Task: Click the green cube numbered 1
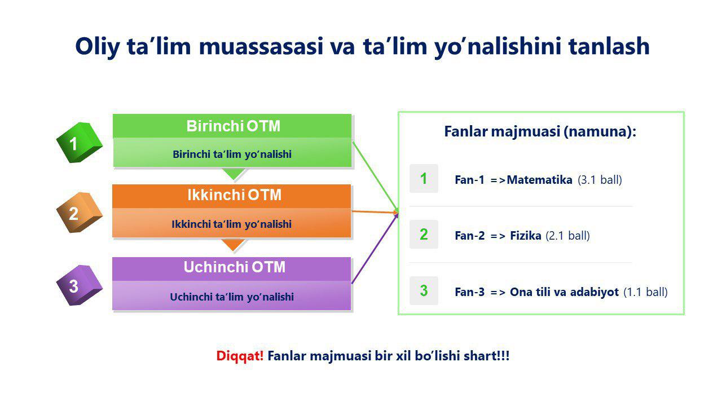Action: pyautogui.click(x=80, y=143)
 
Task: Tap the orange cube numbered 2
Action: pyautogui.click(x=80, y=213)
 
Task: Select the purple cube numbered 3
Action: pyautogui.click(x=80, y=285)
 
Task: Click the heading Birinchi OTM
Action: pyautogui.click(x=234, y=126)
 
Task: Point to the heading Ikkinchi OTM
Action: pyautogui.click(x=234, y=195)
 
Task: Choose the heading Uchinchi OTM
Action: pyautogui.click(x=234, y=267)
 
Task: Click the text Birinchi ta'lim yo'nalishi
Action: pyautogui.click(x=232, y=155)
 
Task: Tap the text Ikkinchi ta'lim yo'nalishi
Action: pyautogui.click(x=231, y=224)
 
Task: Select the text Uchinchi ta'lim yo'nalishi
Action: pyautogui.click(x=232, y=297)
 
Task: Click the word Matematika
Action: pyautogui.click(x=540, y=180)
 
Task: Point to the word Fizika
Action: pyautogui.click(x=526, y=236)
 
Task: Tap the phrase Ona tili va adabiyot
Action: pyautogui.click(x=565, y=292)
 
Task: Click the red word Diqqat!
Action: pyautogui.click(x=240, y=356)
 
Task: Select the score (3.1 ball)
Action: pyautogui.click(x=600, y=180)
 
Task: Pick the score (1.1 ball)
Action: pyautogui.click(x=645, y=292)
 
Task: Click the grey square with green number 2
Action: pyautogui.click(x=424, y=234)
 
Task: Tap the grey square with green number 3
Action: pyautogui.click(x=424, y=290)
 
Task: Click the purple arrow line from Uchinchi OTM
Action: pyautogui.click(x=375, y=248)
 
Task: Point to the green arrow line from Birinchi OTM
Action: pyautogui.click(x=376, y=177)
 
